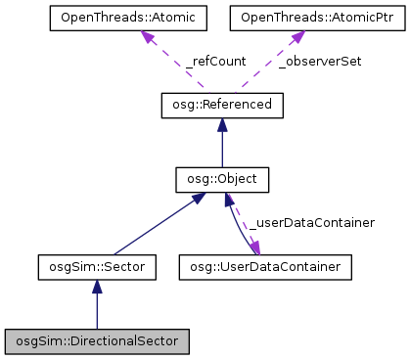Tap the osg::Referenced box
222,103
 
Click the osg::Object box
222,180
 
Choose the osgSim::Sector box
96,265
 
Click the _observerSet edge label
320,61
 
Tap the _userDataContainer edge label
312,223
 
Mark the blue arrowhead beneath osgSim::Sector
96,285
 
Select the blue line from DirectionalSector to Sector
96,311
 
